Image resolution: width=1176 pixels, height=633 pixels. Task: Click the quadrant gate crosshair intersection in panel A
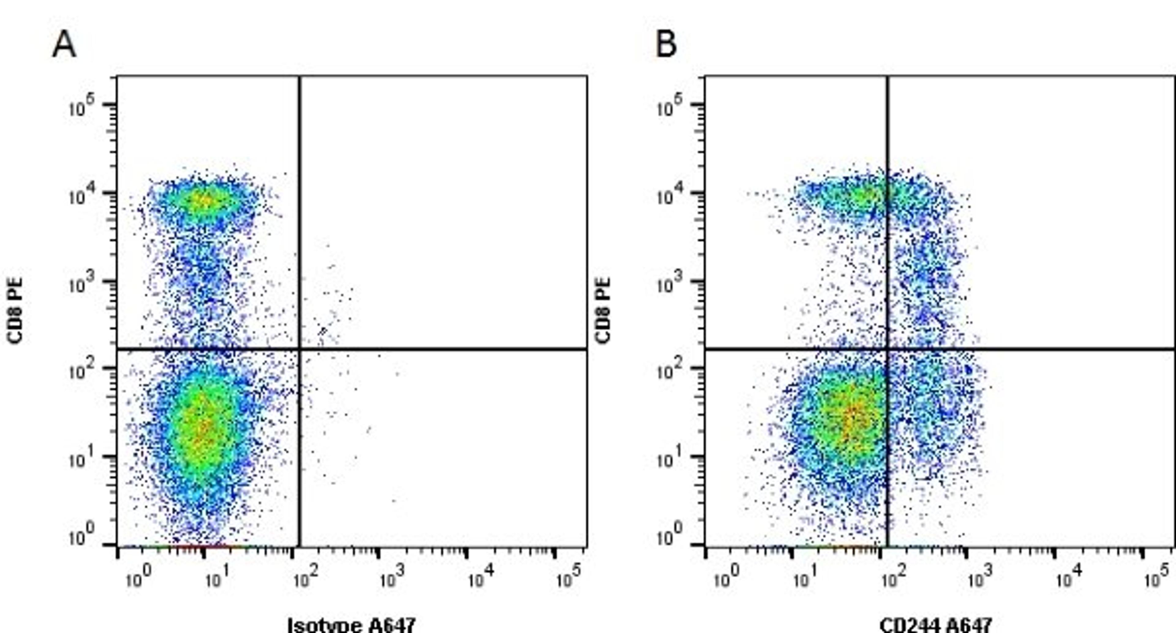click(300, 349)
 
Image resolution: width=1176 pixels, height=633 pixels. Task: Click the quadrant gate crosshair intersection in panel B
click(888, 349)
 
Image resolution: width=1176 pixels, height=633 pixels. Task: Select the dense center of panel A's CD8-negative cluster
click(203, 429)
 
